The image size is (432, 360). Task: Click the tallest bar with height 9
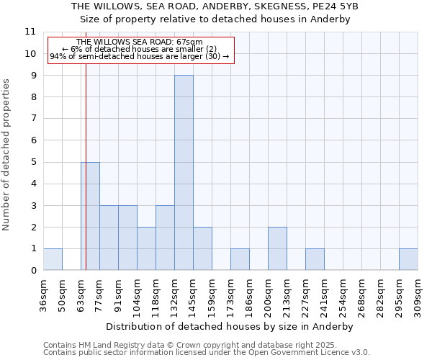pos(184,173)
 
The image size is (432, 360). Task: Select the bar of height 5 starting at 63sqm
pos(90,216)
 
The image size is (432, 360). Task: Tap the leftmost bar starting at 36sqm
pos(53,259)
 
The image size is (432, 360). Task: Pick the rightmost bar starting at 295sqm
pos(408,259)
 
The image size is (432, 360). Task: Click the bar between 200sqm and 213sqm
pos(277,248)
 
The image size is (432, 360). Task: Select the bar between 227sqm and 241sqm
pos(315,259)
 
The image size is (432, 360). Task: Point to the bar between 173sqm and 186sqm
pos(240,259)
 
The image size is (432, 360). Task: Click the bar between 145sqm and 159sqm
pos(202,248)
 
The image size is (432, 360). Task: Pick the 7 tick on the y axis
pos(33,119)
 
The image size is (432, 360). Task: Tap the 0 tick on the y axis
pos(33,271)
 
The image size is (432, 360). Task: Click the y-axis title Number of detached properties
pos(7,155)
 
